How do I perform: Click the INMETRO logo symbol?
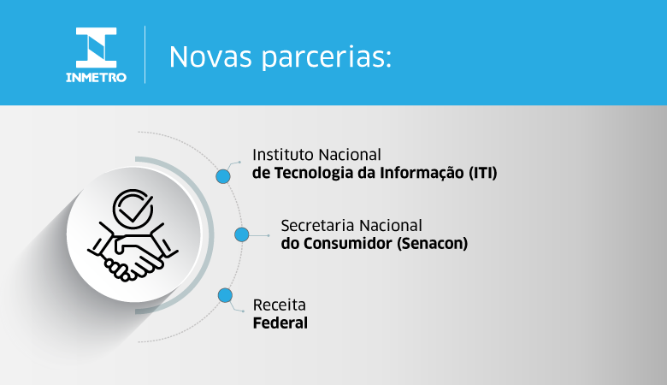95,47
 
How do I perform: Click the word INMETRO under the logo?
96,77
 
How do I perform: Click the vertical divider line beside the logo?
145,54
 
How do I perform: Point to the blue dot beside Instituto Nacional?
223,175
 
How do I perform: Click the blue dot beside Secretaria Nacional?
242,234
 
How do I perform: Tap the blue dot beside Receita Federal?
225,295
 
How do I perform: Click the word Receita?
279,305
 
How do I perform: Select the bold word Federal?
280,323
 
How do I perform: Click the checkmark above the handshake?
134,206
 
